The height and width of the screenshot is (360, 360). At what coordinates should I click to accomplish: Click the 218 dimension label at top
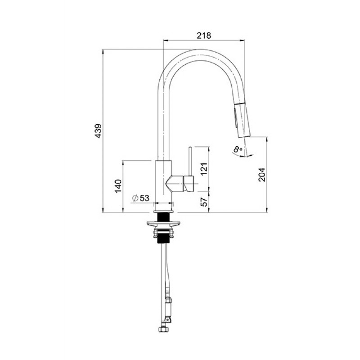(204, 35)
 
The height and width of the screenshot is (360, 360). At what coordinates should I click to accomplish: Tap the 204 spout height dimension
(262, 174)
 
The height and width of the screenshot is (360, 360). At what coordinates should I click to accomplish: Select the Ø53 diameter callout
(140, 198)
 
